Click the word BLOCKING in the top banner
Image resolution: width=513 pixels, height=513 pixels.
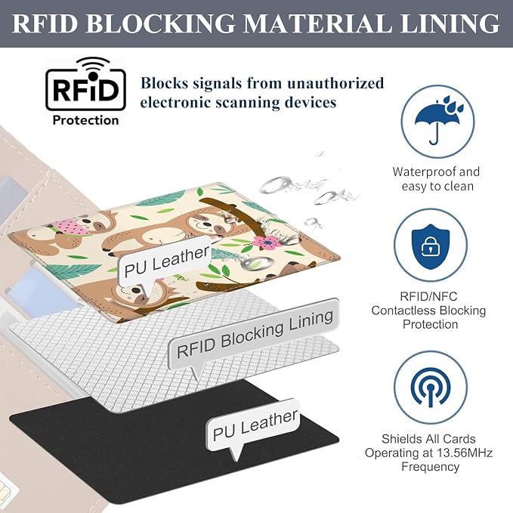161,23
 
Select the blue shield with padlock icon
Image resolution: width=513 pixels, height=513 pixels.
431,246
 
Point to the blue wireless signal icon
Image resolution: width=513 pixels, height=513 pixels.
431,387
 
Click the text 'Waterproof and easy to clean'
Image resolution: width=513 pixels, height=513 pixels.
437,179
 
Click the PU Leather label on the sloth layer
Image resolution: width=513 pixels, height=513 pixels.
166,261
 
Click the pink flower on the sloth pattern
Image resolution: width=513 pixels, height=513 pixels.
266,243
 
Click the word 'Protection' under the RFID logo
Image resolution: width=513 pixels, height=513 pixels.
85,120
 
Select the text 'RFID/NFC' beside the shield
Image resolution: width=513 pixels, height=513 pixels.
428,296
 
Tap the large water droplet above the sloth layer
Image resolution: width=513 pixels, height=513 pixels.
281,184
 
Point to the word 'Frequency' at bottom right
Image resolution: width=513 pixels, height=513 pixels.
430,467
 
